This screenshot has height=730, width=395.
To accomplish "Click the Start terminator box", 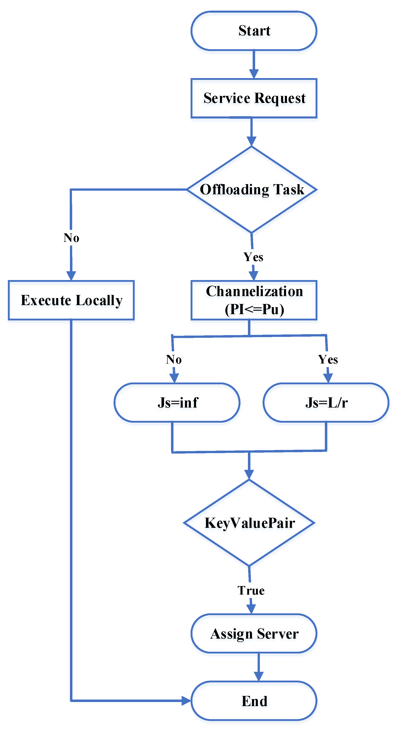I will pos(254,31).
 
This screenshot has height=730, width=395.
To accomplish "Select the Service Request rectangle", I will pos(254,98).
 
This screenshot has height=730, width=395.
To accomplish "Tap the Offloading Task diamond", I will pos(252,189).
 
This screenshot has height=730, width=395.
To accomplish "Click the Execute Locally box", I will pos(71,300).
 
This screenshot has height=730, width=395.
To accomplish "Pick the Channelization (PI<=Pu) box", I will pos(254,300).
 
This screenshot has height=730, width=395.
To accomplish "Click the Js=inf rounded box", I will pos(177,402).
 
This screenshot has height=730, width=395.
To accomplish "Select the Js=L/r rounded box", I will pos(326,402).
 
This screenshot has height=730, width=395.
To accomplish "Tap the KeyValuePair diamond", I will pos(249,523).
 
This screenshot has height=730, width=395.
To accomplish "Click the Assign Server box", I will pos(254,634).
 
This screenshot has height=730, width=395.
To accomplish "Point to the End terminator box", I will pos(254,701).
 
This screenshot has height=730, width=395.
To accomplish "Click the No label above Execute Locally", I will pos(71,238).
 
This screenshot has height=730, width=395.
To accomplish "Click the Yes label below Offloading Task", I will pos(253,257).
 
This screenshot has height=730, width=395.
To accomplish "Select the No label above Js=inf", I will pos(174,359).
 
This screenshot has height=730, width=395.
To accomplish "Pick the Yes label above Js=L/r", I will pos(328,359).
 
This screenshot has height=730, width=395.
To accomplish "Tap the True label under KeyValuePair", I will pos(251,591).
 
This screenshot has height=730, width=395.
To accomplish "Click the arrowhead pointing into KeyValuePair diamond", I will pos(249,475).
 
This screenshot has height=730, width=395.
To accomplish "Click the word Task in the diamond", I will pos(289,189).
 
